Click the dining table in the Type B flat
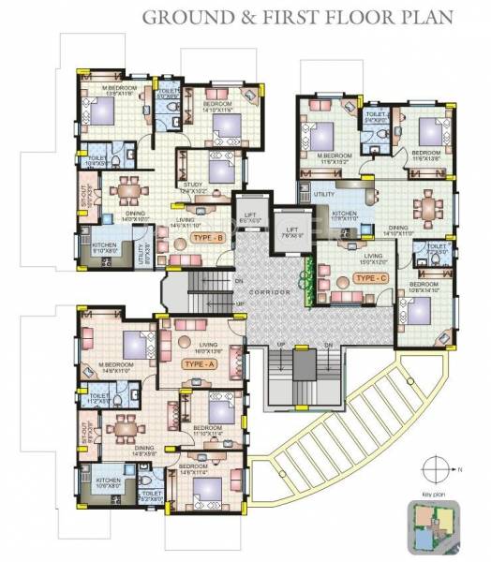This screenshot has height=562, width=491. tap(126, 192)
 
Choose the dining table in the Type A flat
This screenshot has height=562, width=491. tap(123, 427)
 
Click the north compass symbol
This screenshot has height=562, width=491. tap(436, 466)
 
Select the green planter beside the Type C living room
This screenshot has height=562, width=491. tap(304, 274)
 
